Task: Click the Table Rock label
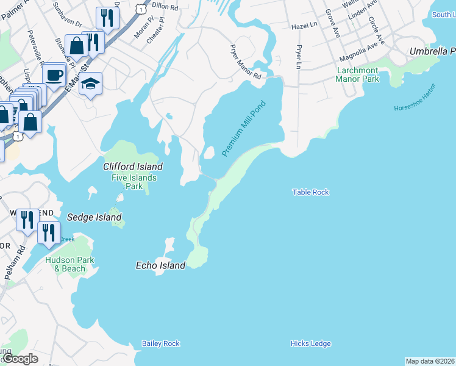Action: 310,192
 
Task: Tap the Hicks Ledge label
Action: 310,343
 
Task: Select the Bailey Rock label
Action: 161,343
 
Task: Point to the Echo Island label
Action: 160,266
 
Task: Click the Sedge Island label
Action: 94,217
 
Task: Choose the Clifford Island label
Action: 133,167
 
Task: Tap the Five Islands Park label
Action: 134,182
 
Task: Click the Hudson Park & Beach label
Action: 65,264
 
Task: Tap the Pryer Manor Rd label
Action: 245,62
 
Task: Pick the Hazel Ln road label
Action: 305,26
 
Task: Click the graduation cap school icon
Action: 90,84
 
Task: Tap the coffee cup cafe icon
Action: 54,74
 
